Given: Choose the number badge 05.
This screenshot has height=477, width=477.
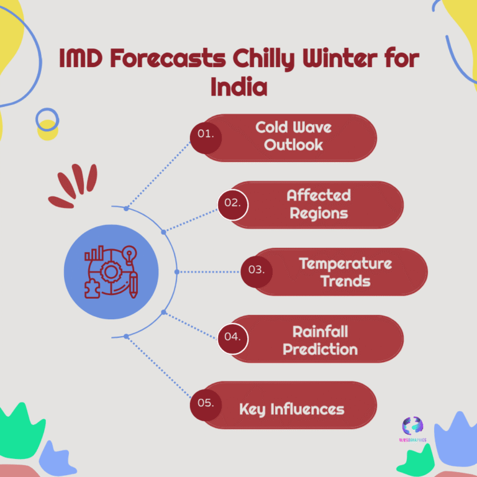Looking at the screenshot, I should pyautogui.click(x=206, y=404).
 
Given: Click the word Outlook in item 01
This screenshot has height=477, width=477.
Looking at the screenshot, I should pyautogui.click(x=294, y=145).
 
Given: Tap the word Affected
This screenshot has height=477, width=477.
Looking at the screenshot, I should pyautogui.click(x=319, y=196).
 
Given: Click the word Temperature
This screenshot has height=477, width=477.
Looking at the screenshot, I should pyautogui.click(x=345, y=263).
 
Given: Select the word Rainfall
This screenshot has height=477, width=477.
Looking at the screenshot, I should pyautogui.click(x=320, y=331).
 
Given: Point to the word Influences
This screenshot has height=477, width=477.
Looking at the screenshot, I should pyautogui.click(x=307, y=409).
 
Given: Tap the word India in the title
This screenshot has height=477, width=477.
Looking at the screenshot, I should pyautogui.click(x=239, y=86).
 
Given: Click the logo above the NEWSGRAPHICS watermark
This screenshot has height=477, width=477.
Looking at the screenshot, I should pyautogui.click(x=412, y=426).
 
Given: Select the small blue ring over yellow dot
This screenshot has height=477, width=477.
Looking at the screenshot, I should pyautogui.click(x=47, y=119).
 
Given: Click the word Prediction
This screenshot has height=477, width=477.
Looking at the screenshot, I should pyautogui.click(x=320, y=348).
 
